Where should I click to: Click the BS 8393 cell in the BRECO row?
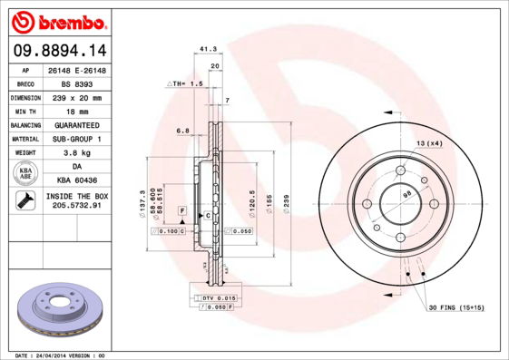coord(77,83)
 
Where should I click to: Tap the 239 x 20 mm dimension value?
coord(77,97)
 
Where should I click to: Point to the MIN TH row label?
coord(26,111)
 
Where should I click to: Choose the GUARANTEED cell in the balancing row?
coord(77,124)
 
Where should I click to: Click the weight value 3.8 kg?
coord(77,152)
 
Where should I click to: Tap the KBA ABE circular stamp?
coord(25,173)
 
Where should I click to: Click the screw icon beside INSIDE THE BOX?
coord(25,201)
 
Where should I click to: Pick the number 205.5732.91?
coord(77,207)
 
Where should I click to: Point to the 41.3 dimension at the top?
coord(208,51)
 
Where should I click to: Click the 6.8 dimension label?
coord(183,131)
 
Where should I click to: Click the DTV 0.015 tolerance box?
coord(219,298)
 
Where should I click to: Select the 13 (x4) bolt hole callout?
coord(429,143)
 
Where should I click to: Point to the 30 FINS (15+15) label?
coord(456,308)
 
